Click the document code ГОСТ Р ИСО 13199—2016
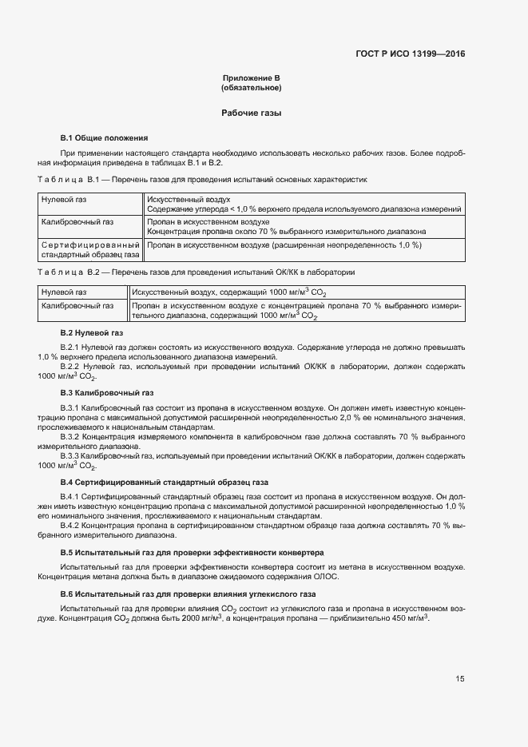(410, 54)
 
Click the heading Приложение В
(251, 78)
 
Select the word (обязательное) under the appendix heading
(251, 88)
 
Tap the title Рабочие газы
(251, 113)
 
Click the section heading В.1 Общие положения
(105, 137)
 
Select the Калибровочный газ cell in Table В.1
(77, 221)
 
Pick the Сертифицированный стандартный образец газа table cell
(90, 249)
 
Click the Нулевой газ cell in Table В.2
(64, 292)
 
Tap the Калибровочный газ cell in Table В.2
(77, 306)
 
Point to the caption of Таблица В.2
(196, 272)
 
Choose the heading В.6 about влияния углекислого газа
(189, 595)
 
